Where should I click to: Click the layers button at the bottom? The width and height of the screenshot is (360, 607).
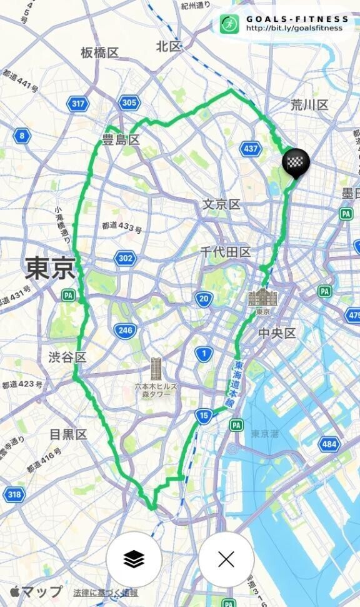click(x=134, y=559)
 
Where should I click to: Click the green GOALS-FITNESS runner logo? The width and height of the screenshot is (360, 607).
click(x=229, y=24)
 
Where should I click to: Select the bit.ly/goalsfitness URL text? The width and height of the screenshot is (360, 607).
click(x=294, y=28)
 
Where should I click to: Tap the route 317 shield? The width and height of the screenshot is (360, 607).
click(x=78, y=104)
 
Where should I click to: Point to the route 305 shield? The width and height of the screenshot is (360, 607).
click(x=129, y=103)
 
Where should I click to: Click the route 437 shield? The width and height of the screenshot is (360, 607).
click(x=251, y=149)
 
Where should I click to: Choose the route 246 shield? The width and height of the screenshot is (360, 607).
click(x=125, y=331)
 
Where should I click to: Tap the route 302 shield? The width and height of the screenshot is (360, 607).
click(x=125, y=258)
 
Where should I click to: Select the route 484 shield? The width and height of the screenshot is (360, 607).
click(x=329, y=444)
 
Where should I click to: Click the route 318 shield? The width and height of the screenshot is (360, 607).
click(x=14, y=495)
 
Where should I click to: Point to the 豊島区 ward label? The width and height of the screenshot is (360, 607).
click(x=121, y=140)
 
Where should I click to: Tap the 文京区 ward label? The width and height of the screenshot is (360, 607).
click(x=221, y=204)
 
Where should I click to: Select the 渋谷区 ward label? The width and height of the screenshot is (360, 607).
click(x=67, y=357)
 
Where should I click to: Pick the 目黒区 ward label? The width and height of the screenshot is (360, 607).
click(x=68, y=434)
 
